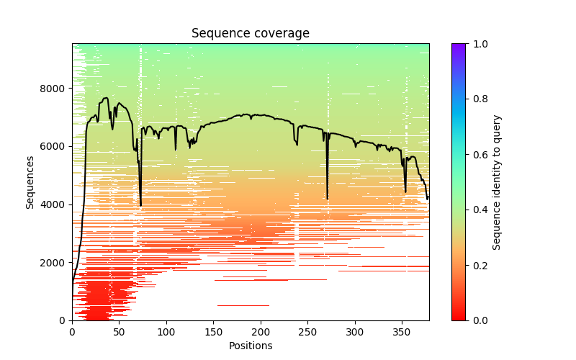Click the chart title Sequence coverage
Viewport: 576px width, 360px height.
pos(250,34)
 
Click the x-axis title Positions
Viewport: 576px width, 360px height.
pos(250,346)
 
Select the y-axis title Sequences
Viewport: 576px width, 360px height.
pos(30,182)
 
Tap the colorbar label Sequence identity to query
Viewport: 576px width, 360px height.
pos(497,182)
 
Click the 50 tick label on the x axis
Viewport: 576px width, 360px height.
pos(119,331)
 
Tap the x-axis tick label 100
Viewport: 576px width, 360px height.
pos(166,331)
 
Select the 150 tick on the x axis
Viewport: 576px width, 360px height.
pos(213,331)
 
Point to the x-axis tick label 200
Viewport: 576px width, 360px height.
pos(261,331)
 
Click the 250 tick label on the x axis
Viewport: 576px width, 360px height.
pos(307,331)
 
